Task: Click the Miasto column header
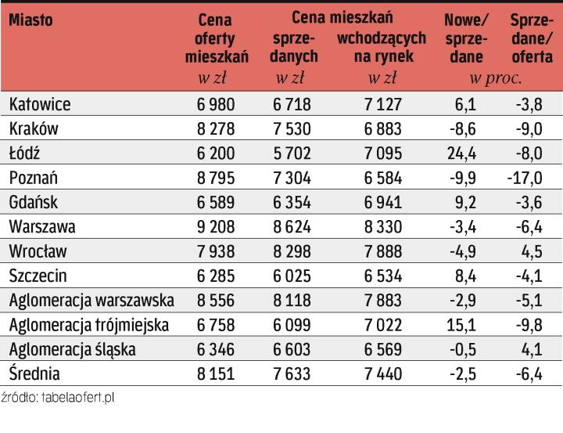click(x=31, y=20)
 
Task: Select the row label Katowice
click(x=40, y=104)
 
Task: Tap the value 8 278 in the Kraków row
click(x=215, y=128)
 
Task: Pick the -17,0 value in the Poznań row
click(x=524, y=178)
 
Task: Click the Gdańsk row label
click(x=34, y=202)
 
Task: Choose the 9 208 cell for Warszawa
click(x=215, y=226)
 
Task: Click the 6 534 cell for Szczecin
click(x=383, y=276)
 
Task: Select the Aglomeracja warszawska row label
click(x=92, y=300)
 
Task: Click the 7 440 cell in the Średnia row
click(x=383, y=374)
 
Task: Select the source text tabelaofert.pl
click(x=59, y=398)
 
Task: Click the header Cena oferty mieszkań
click(x=217, y=38)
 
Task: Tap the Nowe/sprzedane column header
click(x=465, y=38)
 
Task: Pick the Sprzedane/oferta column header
click(x=532, y=38)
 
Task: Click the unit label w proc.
click(x=495, y=78)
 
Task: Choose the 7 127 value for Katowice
click(x=383, y=104)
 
